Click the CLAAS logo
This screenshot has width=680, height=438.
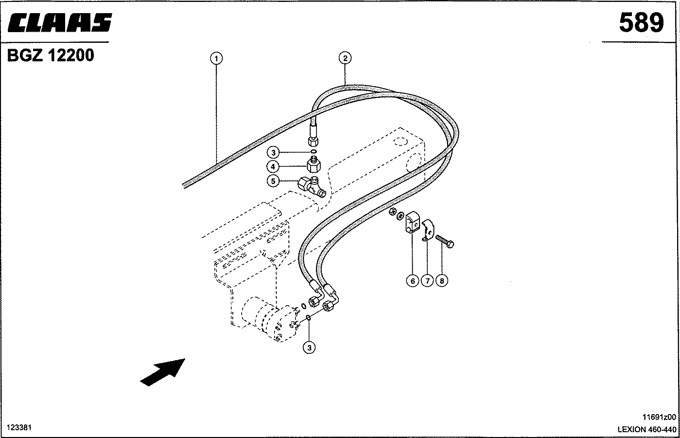click(60, 22)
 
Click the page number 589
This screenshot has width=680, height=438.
click(642, 23)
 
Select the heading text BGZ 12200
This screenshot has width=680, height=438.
click(51, 55)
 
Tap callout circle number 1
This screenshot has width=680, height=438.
click(216, 58)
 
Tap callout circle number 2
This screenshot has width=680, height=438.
click(345, 58)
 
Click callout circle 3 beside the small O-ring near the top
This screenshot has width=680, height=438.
click(273, 152)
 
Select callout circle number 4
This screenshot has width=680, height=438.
click(273, 166)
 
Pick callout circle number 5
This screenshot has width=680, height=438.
click(273, 181)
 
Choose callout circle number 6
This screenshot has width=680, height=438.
click(413, 281)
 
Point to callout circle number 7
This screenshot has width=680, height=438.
click(427, 281)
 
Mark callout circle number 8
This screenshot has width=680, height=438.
click(442, 281)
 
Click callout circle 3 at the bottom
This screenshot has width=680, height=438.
click(309, 348)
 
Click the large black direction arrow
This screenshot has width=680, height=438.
click(163, 372)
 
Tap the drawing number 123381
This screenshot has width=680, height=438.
click(19, 427)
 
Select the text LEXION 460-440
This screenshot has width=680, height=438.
click(647, 429)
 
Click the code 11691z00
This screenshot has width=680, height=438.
click(659, 417)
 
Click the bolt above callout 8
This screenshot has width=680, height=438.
click(445, 241)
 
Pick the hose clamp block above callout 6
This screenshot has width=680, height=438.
click(412, 222)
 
